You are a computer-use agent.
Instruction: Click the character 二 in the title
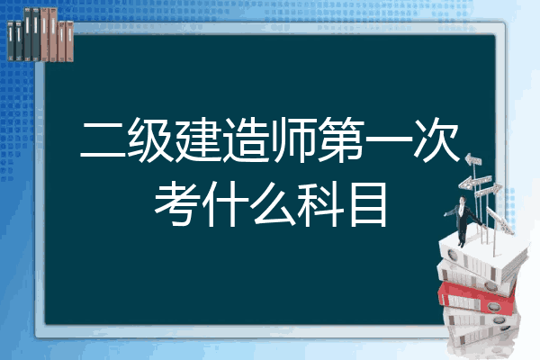(103, 140)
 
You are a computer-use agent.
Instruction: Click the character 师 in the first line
(293, 139)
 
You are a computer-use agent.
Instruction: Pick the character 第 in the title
(341, 139)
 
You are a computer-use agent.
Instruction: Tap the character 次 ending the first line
(436, 139)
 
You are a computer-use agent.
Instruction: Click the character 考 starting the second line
(177, 204)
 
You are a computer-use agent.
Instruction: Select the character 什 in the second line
(225, 204)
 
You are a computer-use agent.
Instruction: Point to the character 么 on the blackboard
(273, 204)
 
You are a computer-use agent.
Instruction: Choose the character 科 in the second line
(320, 204)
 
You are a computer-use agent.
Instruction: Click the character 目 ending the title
(368, 204)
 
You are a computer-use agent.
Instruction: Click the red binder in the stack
(477, 298)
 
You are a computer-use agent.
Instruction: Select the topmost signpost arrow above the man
(473, 160)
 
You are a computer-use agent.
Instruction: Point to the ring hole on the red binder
(493, 307)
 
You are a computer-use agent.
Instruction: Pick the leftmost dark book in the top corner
(11, 41)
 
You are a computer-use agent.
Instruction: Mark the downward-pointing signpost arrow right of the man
(500, 221)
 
